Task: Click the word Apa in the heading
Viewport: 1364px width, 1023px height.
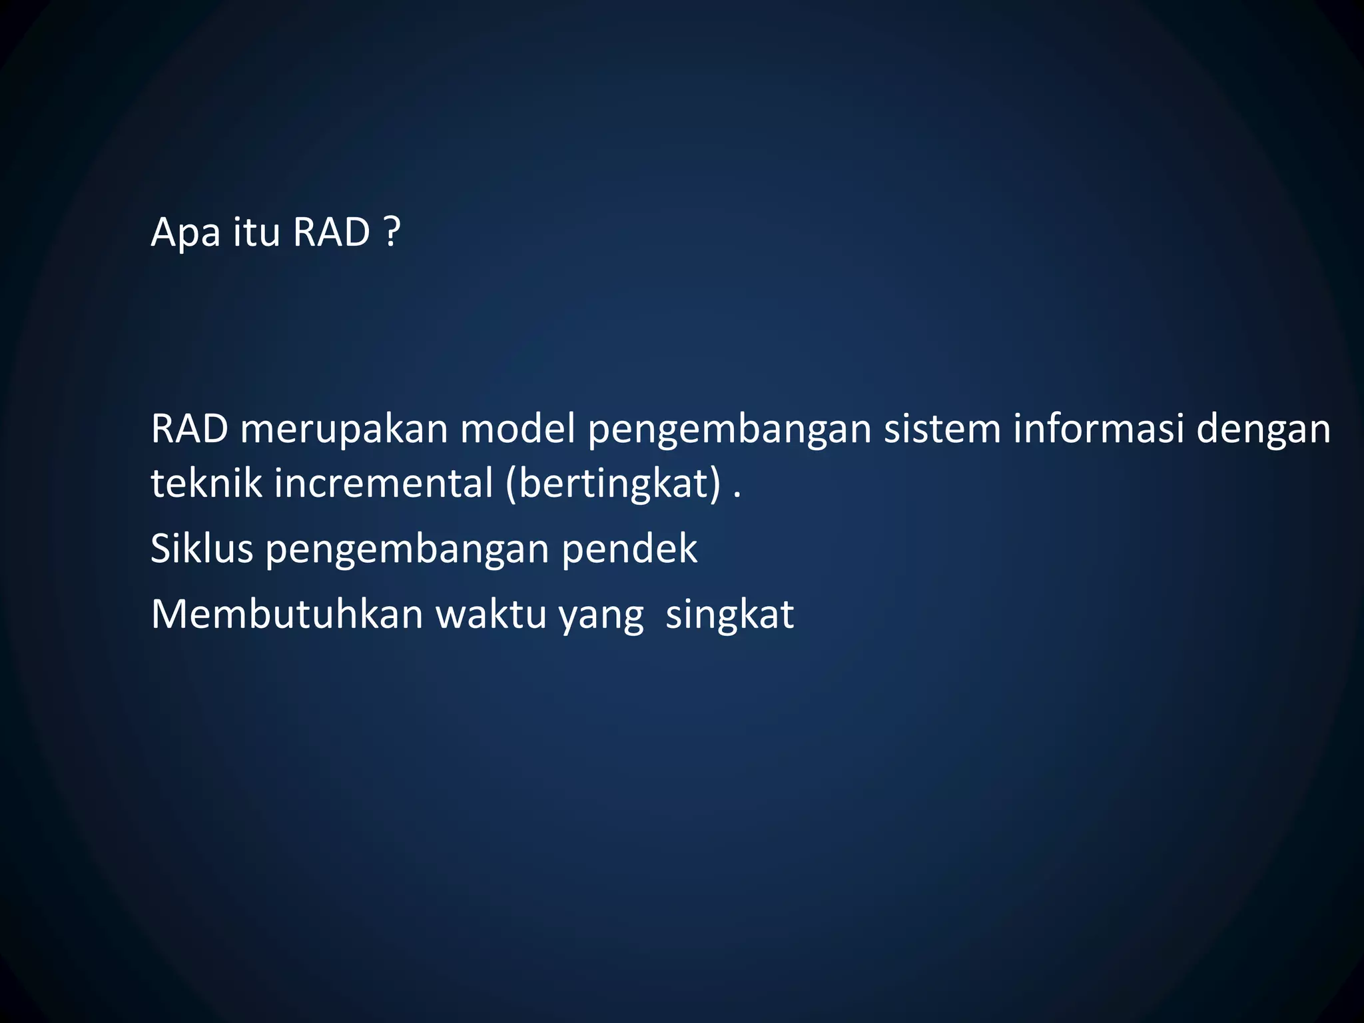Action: pos(185,233)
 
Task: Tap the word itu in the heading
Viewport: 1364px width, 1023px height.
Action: pos(256,233)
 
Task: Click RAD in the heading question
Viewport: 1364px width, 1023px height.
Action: pos(331,233)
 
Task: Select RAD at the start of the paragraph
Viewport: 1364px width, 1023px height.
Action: pos(189,430)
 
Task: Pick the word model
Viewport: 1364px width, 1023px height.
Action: pos(517,430)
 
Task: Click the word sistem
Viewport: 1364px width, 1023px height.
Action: pos(942,430)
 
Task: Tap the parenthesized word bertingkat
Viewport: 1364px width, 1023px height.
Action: pos(613,484)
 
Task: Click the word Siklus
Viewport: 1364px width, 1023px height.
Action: pos(202,549)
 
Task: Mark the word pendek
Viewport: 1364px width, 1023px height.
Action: pos(629,550)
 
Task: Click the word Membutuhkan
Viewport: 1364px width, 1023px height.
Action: pos(287,614)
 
